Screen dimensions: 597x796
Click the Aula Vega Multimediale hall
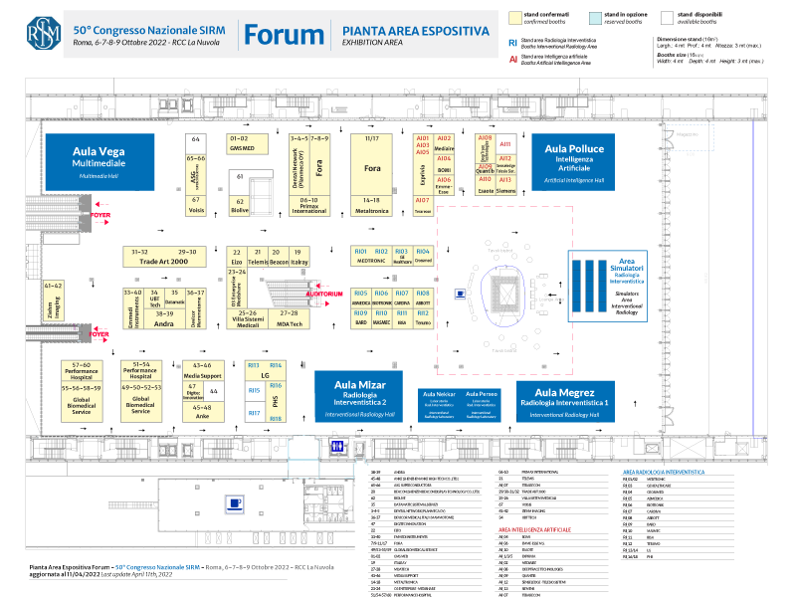coord(98,157)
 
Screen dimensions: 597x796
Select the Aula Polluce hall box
coord(574,157)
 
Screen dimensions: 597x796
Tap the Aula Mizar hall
coord(359,399)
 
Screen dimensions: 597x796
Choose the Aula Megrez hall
coord(564,399)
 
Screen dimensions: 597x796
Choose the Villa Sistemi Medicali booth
coord(248,318)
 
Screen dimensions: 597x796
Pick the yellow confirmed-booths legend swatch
coord(515,17)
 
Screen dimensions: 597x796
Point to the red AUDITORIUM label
coord(323,294)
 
